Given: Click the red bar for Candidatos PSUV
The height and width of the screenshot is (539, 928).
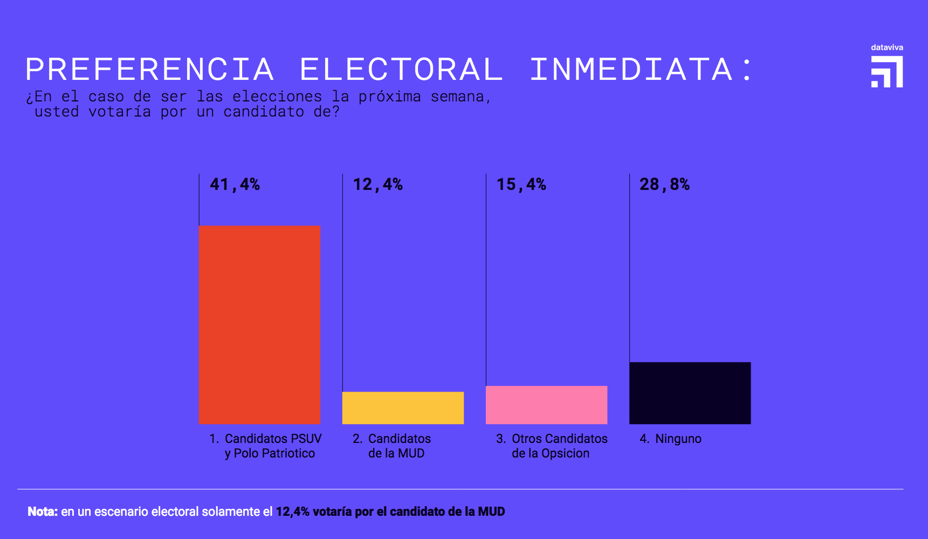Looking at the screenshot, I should (x=259, y=324).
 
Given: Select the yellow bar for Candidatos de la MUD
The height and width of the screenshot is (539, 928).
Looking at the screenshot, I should (x=403, y=407).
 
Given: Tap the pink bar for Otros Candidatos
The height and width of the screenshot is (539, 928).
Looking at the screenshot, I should (x=546, y=405).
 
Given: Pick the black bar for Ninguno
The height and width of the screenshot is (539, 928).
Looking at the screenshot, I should (x=690, y=393).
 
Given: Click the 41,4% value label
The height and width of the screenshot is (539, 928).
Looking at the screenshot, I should (x=235, y=185).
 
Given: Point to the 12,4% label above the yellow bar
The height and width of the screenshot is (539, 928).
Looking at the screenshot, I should (x=377, y=185).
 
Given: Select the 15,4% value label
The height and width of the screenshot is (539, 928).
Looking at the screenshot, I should (x=521, y=185).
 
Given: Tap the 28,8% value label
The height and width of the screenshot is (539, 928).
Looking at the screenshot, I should (x=664, y=185).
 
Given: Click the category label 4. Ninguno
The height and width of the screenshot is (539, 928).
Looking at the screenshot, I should (x=670, y=439).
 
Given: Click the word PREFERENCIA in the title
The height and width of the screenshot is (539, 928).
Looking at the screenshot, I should (x=150, y=70).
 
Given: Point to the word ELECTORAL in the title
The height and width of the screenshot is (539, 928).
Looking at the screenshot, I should (x=401, y=70).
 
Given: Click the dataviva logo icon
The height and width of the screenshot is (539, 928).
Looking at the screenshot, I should (x=887, y=72).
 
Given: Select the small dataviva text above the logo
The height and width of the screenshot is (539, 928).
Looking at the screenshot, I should (x=886, y=47).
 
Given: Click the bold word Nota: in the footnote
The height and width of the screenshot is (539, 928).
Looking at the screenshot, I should (x=43, y=511).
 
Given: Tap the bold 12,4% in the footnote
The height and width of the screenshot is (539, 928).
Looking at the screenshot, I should (x=292, y=511).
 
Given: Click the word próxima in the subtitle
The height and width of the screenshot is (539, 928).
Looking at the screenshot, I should (x=389, y=97).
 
